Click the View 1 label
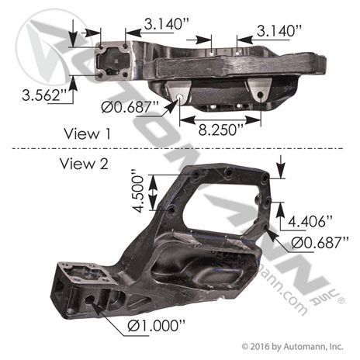coord(86,133)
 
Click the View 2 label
coord(86,164)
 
